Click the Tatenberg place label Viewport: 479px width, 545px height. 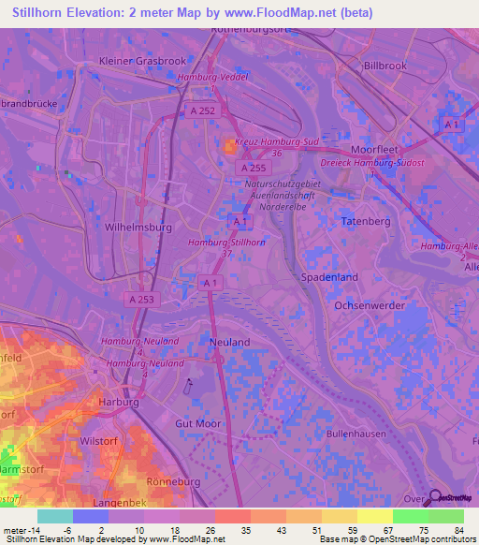tap(364, 221)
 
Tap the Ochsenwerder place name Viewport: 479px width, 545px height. tap(371, 305)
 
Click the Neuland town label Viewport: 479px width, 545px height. tap(229, 343)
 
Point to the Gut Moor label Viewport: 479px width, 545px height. tap(198, 423)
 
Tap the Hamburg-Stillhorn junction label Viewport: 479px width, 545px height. tap(222, 243)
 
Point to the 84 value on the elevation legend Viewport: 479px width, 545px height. tap(458, 530)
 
